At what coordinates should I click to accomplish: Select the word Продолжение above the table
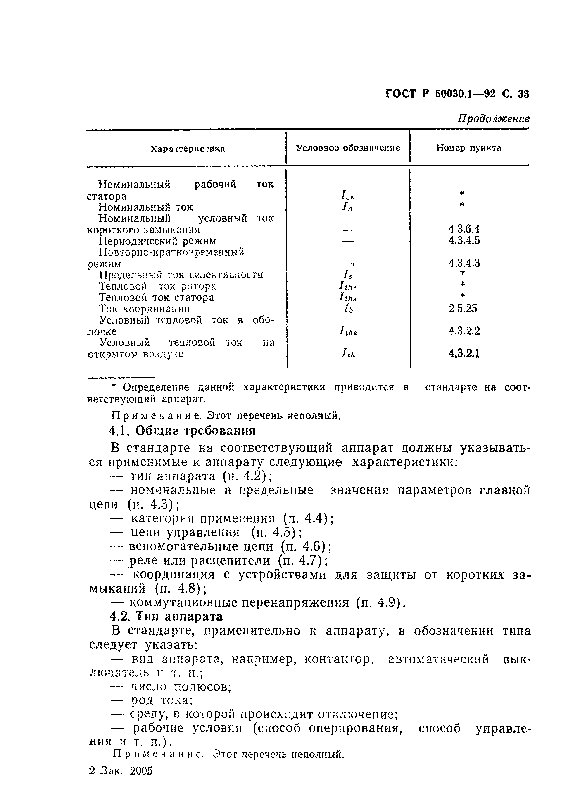pyautogui.click(x=494, y=119)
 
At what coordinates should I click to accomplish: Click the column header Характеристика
pyautogui.click(x=188, y=149)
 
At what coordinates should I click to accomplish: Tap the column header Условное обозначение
pyautogui.click(x=348, y=148)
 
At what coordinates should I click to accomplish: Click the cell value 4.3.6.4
pyautogui.click(x=464, y=229)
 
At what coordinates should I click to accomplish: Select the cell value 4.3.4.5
pyautogui.click(x=464, y=240)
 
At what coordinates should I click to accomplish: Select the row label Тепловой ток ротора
pyautogui.click(x=157, y=286)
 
